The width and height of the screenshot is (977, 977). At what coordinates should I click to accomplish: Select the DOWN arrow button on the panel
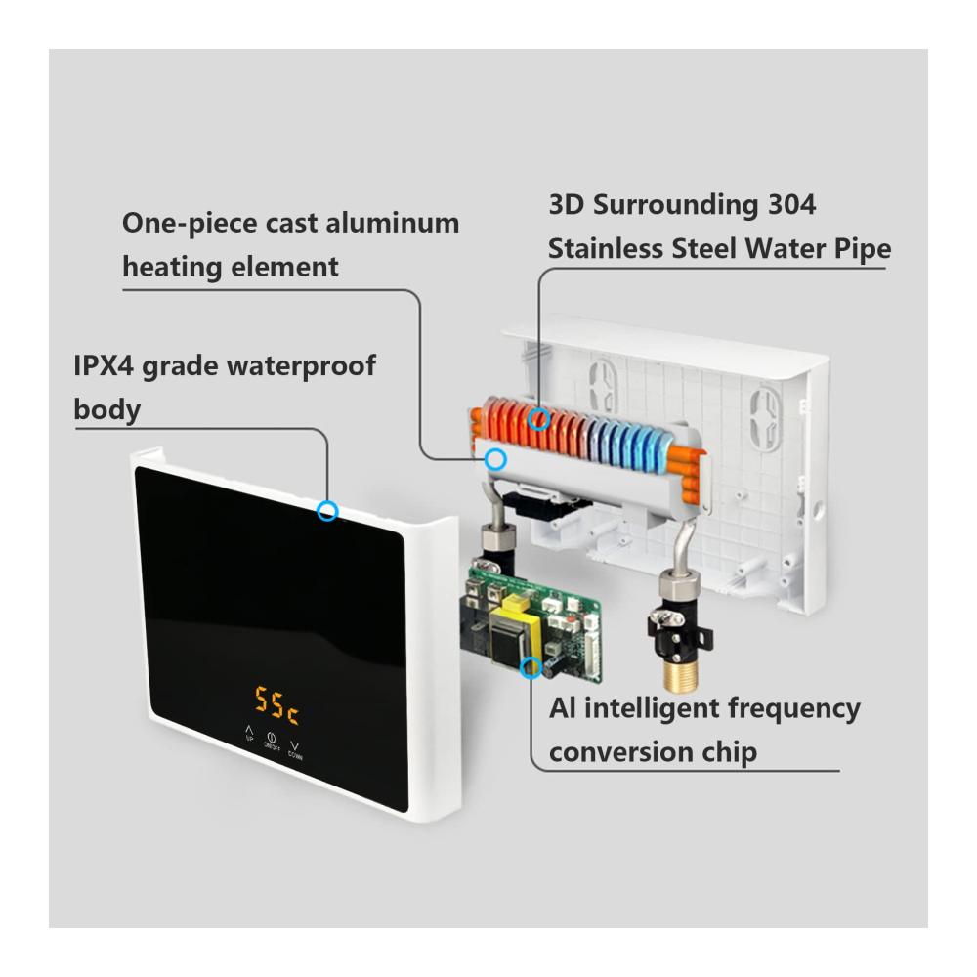click(x=295, y=750)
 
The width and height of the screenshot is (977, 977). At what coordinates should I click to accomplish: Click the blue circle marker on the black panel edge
click(x=327, y=511)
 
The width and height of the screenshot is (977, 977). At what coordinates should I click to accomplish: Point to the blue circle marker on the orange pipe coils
click(x=539, y=419)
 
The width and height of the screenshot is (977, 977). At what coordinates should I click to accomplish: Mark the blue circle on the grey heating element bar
click(x=495, y=460)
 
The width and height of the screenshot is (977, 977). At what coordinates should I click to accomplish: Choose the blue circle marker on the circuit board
click(x=531, y=667)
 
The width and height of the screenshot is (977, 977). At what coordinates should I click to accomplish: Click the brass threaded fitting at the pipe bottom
click(x=677, y=675)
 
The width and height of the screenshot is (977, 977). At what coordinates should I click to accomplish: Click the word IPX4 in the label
click(x=104, y=365)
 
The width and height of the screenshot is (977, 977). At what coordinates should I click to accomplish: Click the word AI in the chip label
click(x=563, y=708)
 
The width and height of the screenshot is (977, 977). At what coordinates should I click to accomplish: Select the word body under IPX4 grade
click(x=107, y=410)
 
